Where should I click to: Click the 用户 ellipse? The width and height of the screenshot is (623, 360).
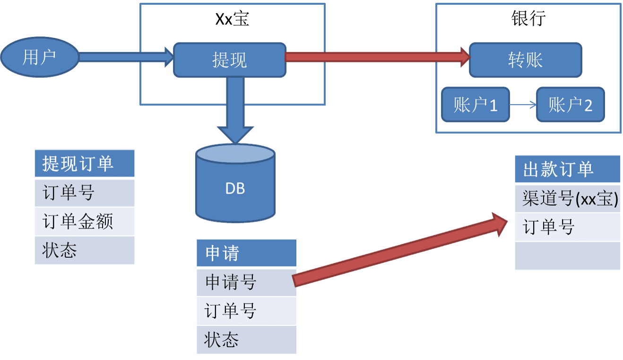[40, 57]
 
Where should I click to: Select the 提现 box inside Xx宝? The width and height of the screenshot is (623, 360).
[230, 60]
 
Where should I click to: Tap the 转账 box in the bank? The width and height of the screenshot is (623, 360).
[525, 60]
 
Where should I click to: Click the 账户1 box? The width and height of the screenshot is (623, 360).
[476, 105]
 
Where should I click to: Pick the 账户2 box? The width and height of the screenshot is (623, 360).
[571, 105]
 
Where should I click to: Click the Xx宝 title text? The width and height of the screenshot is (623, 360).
[232, 19]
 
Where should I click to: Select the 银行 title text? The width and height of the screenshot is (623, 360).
[528, 18]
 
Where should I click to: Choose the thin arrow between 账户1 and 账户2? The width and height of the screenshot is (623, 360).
[523, 105]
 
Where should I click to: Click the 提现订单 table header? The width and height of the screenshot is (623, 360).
[85, 164]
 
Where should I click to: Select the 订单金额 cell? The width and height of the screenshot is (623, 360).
[85, 221]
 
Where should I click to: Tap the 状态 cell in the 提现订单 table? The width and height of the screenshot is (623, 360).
[85, 250]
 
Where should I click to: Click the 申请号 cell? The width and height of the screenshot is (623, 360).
[246, 282]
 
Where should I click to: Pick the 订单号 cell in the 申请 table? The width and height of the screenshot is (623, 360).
[246, 311]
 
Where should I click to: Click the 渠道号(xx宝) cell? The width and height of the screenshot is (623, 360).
[567, 199]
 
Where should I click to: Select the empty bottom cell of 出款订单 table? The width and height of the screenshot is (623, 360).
[567, 256]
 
